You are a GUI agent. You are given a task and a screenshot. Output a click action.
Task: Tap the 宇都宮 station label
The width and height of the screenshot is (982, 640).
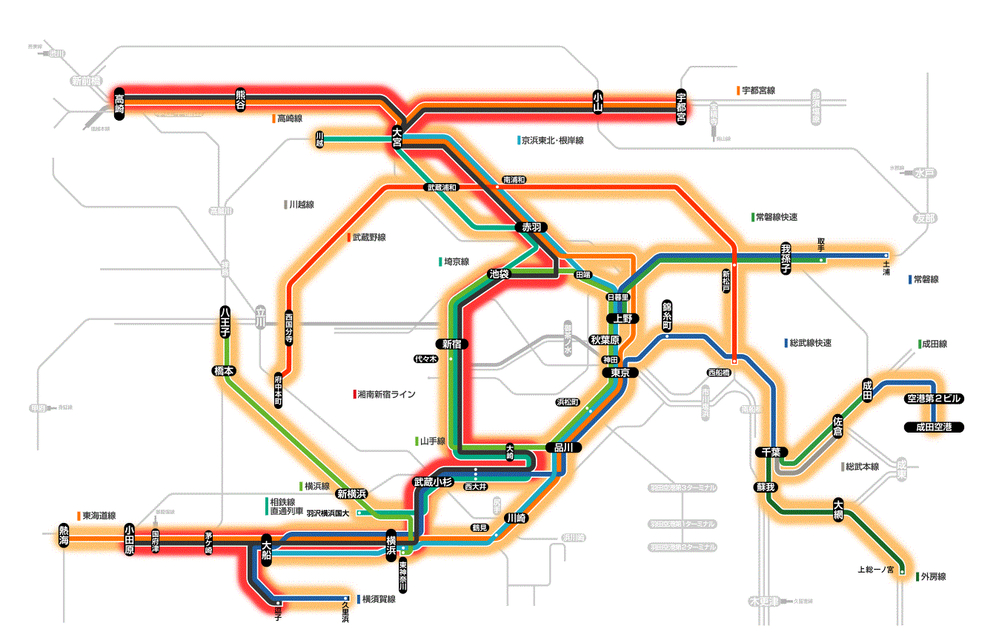tap(682, 107)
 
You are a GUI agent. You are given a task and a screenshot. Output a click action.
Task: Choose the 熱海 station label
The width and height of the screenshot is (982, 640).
tap(64, 536)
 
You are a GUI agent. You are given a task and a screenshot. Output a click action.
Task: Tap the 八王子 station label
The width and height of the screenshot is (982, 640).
tap(225, 323)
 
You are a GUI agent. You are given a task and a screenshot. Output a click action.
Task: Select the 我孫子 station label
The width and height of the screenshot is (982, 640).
tap(786, 258)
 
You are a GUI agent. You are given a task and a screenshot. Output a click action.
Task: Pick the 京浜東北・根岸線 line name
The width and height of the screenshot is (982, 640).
tap(552, 140)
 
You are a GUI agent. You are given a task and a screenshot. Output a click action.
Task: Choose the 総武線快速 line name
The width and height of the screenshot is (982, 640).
tap(811, 343)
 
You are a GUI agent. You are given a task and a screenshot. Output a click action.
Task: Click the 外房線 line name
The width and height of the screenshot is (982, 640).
tap(934, 576)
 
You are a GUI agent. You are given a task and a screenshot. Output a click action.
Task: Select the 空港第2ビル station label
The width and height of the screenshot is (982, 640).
tap(934, 399)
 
